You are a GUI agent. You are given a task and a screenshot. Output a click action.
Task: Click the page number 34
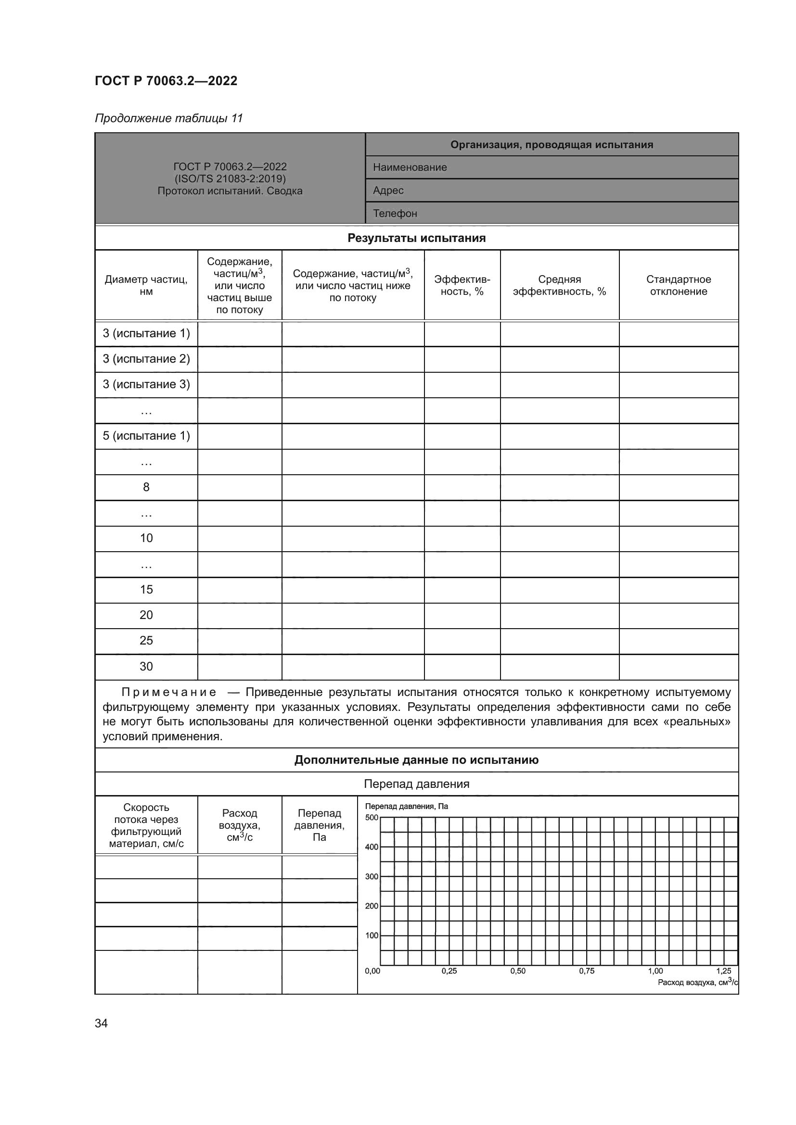(x=101, y=1023)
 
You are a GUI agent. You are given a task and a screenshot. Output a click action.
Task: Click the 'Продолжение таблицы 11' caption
(x=168, y=118)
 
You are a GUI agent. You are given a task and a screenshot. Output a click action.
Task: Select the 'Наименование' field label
(x=410, y=167)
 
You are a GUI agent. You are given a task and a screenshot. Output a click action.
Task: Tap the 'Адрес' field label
(x=388, y=190)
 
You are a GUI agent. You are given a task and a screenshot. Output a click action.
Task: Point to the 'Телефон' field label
(x=395, y=213)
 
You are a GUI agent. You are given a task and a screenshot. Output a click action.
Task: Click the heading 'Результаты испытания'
(x=417, y=238)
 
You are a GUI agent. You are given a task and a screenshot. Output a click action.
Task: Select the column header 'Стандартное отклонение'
(x=679, y=285)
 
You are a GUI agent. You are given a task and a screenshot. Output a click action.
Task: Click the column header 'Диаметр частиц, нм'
(x=146, y=285)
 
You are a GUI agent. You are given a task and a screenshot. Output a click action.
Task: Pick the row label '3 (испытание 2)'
(x=146, y=359)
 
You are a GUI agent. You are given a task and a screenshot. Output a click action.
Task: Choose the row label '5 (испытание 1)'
(x=146, y=436)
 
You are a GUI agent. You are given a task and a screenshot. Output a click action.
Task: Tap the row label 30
(x=146, y=666)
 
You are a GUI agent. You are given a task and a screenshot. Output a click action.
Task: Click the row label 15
(x=146, y=590)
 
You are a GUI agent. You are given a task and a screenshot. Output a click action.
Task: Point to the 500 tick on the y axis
(x=372, y=817)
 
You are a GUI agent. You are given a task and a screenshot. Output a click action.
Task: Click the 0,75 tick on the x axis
(x=587, y=971)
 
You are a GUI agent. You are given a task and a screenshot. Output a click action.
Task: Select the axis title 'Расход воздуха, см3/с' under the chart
(x=697, y=982)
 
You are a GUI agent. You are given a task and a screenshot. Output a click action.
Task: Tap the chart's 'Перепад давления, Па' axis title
(x=406, y=806)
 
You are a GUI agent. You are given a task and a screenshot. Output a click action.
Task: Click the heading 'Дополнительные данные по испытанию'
(x=417, y=760)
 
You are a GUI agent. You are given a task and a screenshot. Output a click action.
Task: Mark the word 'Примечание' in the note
(x=168, y=692)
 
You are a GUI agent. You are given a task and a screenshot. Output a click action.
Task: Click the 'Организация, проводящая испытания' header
(x=552, y=145)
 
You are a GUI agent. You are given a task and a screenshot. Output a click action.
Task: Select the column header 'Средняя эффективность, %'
(x=559, y=285)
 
